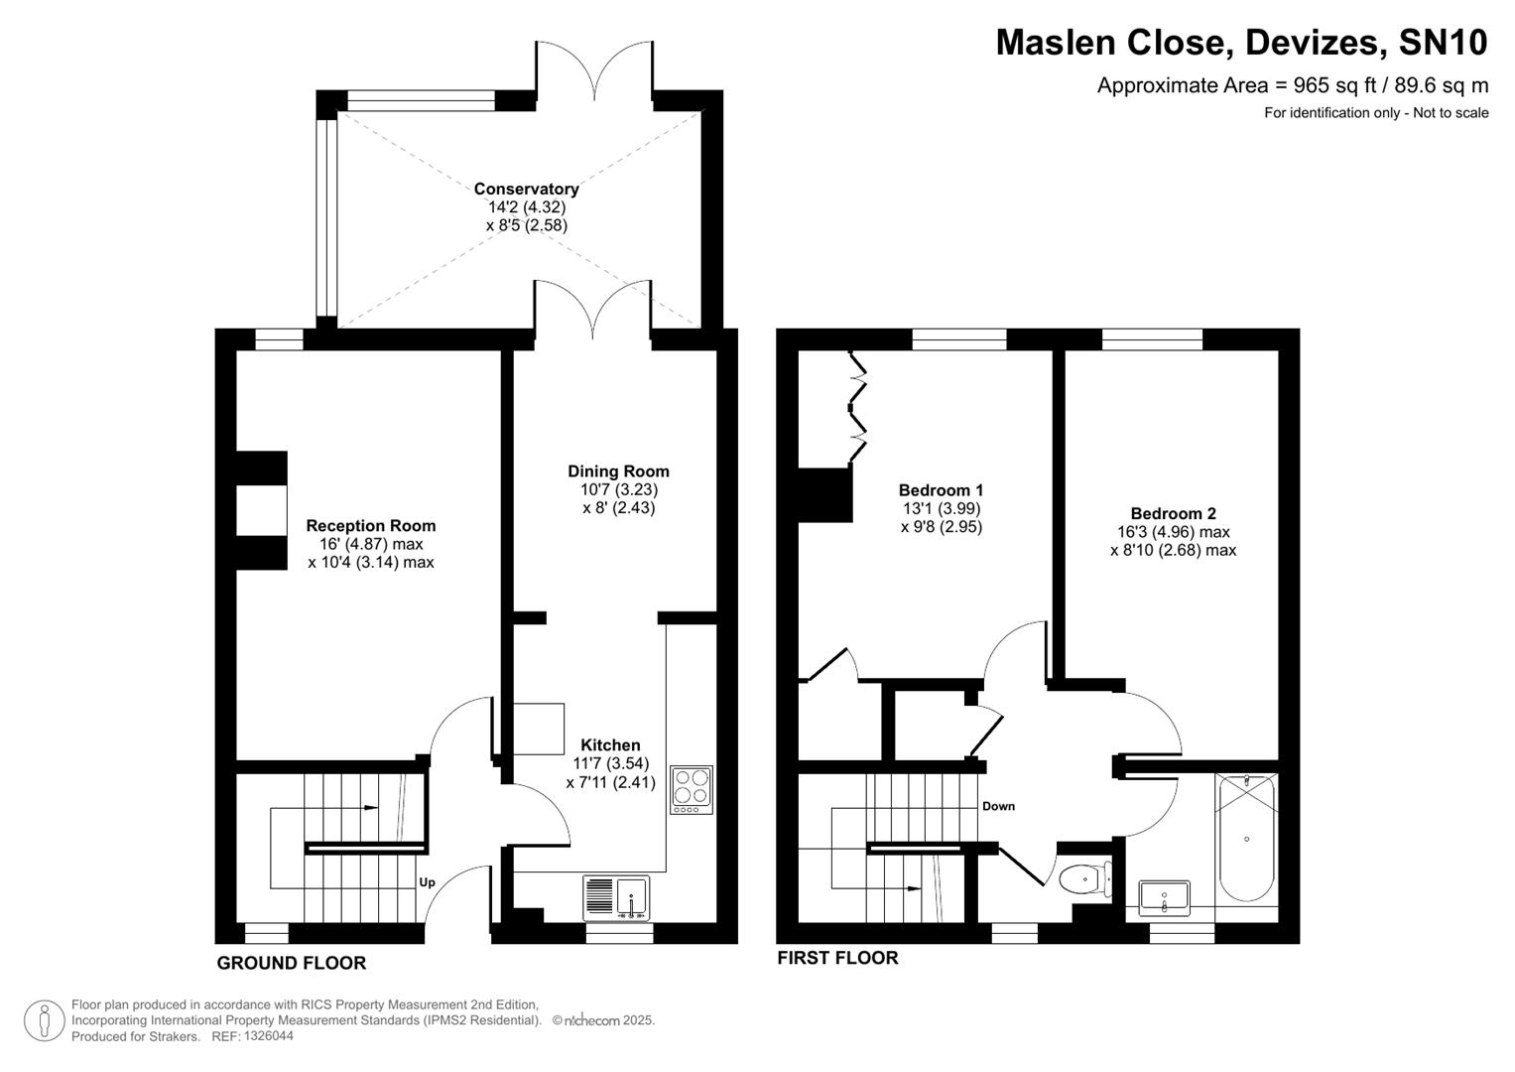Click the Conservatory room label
(526, 189)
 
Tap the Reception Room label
(370, 526)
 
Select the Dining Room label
(618, 471)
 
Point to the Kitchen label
(610, 745)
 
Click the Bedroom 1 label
(941, 490)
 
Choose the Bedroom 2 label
(1173, 514)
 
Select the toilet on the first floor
(1083, 879)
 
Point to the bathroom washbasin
(1164, 897)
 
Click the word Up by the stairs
(427, 882)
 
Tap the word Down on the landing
(998, 806)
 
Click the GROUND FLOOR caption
(292, 963)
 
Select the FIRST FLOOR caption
(837, 958)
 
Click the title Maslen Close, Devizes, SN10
(1241, 43)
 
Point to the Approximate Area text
(1292, 85)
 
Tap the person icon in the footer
(44, 1020)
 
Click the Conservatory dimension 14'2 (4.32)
(526, 207)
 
